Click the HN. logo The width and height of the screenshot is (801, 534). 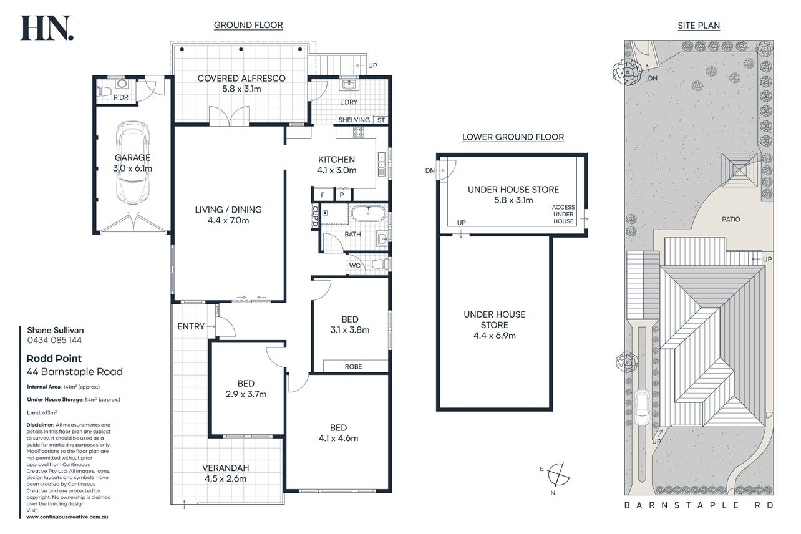47,28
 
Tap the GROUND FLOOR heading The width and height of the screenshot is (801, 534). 248,25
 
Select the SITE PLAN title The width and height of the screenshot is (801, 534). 699,26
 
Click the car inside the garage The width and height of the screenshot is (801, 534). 133,163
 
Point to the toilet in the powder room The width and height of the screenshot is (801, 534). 104,92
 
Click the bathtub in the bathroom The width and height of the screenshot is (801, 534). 369,214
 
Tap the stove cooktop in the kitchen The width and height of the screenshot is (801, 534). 358,132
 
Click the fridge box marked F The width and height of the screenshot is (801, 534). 323,195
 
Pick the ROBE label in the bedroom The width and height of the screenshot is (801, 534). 353,367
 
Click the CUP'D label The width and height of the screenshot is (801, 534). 315,216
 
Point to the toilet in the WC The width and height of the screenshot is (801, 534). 380,265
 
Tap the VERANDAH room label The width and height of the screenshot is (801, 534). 226,468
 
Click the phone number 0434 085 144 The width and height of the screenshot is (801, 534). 54,340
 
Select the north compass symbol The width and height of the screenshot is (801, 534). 558,475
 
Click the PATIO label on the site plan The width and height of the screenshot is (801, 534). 731,219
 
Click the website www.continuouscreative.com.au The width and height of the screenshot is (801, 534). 67,517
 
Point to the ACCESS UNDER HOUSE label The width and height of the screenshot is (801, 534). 563,214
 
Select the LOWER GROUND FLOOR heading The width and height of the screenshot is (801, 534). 513,137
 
